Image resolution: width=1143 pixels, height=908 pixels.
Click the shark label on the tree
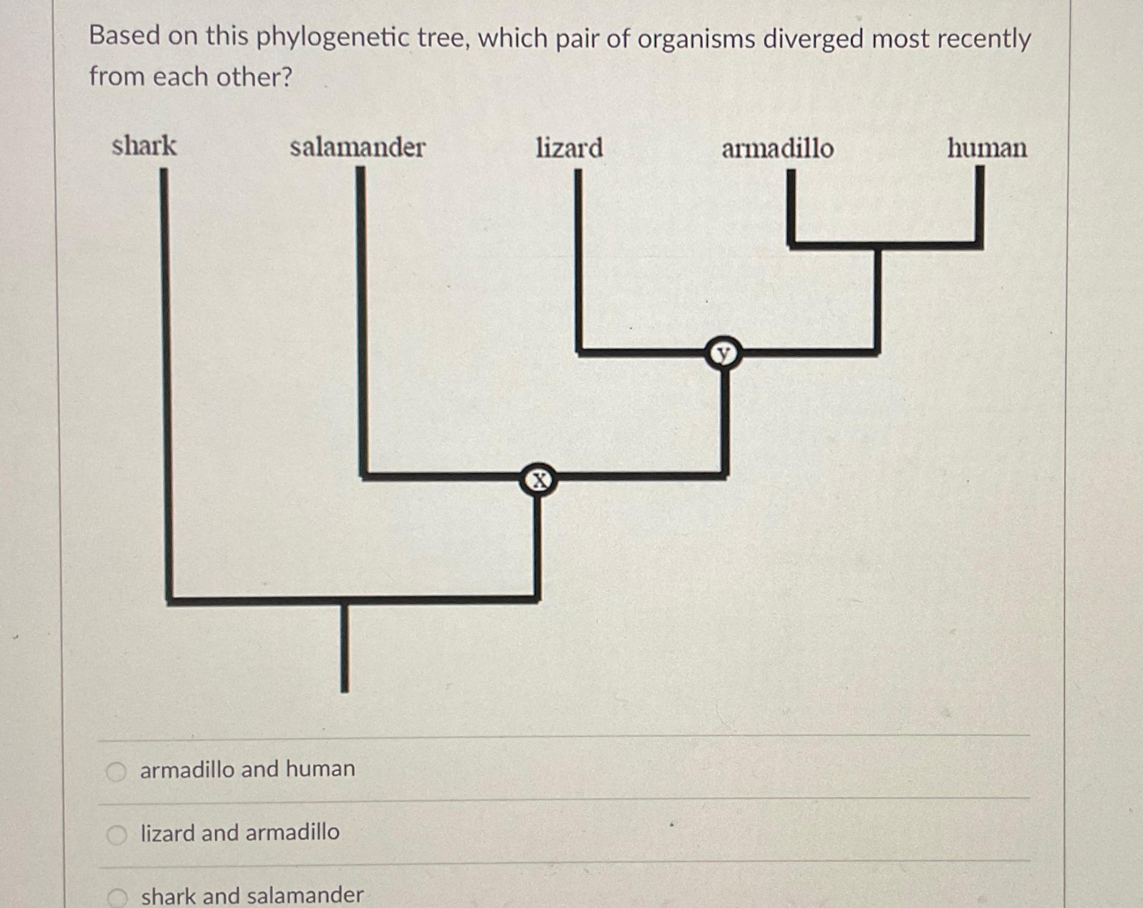click(144, 146)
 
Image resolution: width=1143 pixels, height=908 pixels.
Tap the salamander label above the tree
click(357, 148)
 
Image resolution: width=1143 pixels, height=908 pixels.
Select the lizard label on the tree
click(569, 149)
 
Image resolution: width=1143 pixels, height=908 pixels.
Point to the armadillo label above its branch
click(777, 149)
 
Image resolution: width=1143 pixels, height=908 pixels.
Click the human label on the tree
click(987, 149)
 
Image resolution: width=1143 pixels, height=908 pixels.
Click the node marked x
click(538, 480)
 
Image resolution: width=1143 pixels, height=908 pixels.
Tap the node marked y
click(723, 353)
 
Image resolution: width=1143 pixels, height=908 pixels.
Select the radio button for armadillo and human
click(117, 771)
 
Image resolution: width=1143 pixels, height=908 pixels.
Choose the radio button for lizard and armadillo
click(117, 835)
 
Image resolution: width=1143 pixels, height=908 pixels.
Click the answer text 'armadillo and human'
click(247, 770)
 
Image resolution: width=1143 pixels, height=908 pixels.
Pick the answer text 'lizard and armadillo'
click(240, 833)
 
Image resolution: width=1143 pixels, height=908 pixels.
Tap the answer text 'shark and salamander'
click(252, 896)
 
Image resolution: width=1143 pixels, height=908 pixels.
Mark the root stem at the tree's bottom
click(344, 648)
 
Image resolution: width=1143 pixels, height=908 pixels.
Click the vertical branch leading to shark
click(166, 380)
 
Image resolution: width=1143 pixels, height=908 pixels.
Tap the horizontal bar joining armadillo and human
click(885, 245)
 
